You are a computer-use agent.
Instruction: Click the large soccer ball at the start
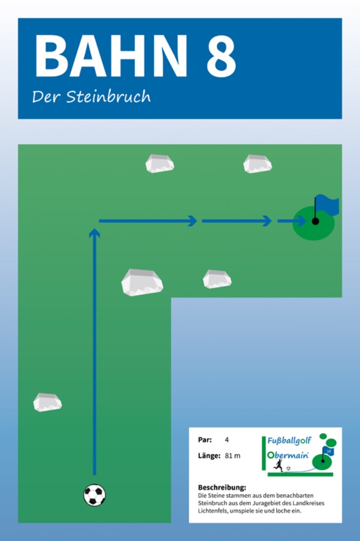pos(95,495)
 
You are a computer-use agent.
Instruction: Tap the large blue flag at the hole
pos(327,204)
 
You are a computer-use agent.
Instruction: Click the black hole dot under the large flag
pos(316,221)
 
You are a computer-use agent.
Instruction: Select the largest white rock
pos(142,282)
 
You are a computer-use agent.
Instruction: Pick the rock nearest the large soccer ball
pos(48,402)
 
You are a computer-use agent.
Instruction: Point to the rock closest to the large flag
pos(257,163)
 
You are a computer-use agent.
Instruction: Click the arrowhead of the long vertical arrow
pos(95,233)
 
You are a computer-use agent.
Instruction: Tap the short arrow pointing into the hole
pos(291,221)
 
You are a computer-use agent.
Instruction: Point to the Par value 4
pos(227,440)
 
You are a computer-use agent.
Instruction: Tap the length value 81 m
pos(232,456)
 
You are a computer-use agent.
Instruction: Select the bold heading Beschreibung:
pos(222,487)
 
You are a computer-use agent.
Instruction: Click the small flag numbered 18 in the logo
pos(329,450)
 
